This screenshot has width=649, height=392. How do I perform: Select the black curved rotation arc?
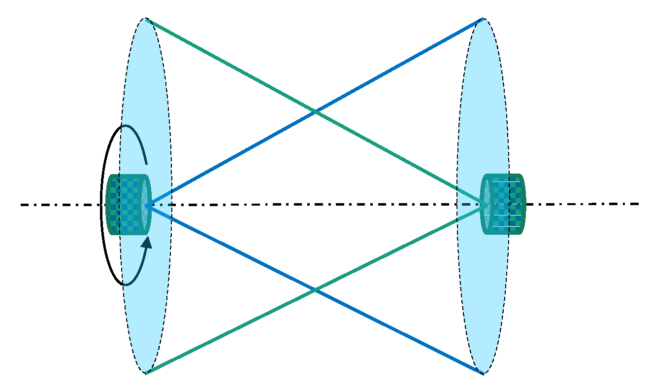(104, 205)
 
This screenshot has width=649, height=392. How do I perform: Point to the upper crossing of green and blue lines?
(315, 112)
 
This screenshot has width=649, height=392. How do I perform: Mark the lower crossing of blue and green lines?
(315, 290)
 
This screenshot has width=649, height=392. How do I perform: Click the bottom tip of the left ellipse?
(146, 374)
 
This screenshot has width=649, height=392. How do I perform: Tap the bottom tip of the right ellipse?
(483, 374)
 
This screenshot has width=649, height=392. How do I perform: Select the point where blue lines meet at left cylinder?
(147, 205)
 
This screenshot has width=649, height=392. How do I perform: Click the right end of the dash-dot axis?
(638, 204)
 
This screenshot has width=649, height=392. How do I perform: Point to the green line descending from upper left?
(231, 66)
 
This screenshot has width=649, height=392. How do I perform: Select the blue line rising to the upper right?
(399, 66)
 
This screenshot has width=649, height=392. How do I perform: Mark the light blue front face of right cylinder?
(486, 204)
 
